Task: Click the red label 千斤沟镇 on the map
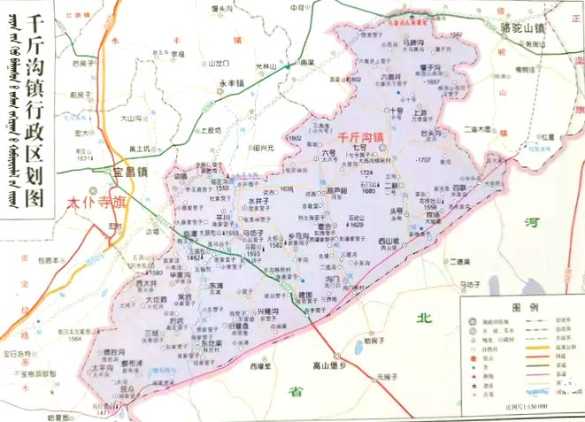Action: (359, 138)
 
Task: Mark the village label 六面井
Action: (391, 78)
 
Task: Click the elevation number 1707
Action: (423, 159)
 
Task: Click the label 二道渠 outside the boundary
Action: (458, 262)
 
